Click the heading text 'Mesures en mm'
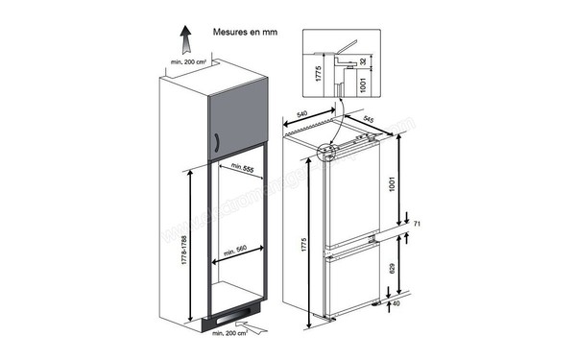point(243,31)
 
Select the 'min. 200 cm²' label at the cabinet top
point(189,62)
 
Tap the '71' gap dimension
point(418,224)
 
